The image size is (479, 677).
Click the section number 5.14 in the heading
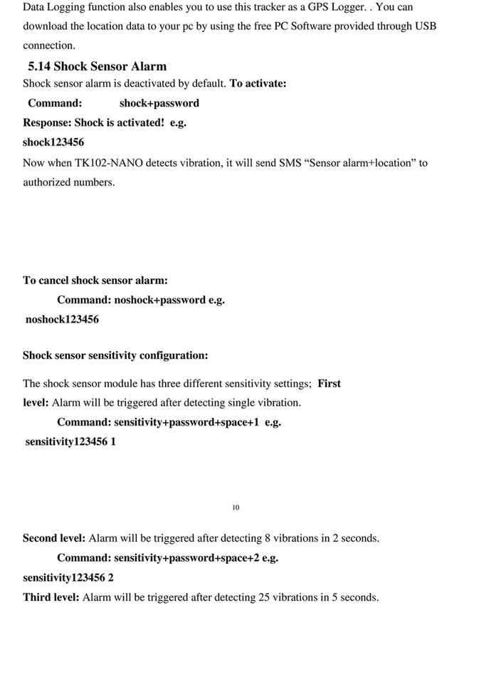38,67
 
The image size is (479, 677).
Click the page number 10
236,508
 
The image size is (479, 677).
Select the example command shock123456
53,142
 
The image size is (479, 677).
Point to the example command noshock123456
62,320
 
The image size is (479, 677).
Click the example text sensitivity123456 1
70,442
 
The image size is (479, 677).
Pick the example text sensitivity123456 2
68,577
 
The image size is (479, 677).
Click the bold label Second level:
54,538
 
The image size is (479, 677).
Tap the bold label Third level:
51,597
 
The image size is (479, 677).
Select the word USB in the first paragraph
425,26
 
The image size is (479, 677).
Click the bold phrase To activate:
258,84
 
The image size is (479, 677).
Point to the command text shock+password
159,103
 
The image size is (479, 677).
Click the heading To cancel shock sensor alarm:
95,280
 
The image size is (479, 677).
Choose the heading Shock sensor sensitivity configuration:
115,355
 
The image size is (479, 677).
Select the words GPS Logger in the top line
341,7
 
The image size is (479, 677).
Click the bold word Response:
47,122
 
